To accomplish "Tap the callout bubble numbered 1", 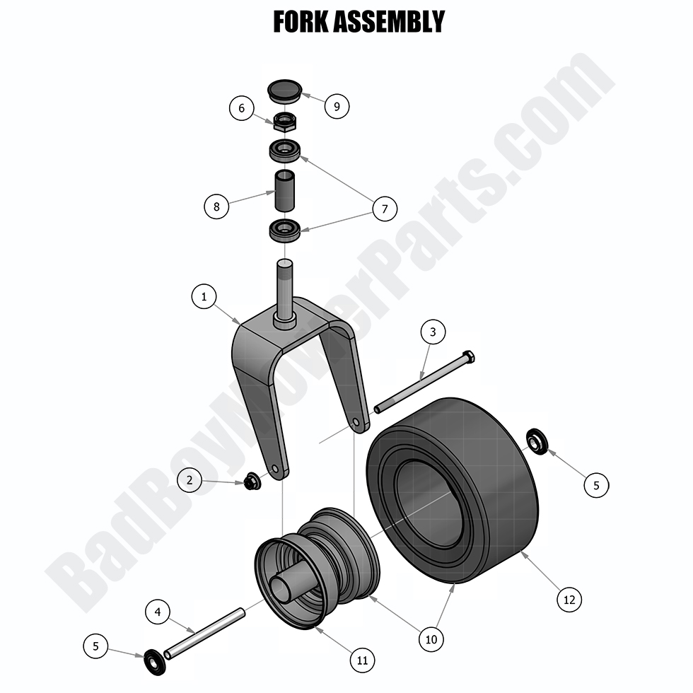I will [x=204, y=298].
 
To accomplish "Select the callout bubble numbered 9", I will [x=337, y=106].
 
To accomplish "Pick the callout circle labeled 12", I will [x=569, y=600].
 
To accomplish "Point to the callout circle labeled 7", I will [x=384, y=209].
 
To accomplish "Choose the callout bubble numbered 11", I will [x=362, y=660].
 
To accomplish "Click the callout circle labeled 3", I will [x=433, y=332].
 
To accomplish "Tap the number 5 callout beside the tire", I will [x=595, y=485].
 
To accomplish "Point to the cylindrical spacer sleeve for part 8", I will [x=285, y=190].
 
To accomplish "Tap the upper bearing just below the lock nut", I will [x=285, y=150].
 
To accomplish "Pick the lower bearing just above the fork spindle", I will [x=285, y=230].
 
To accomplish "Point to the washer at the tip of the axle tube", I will [x=152, y=660].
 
